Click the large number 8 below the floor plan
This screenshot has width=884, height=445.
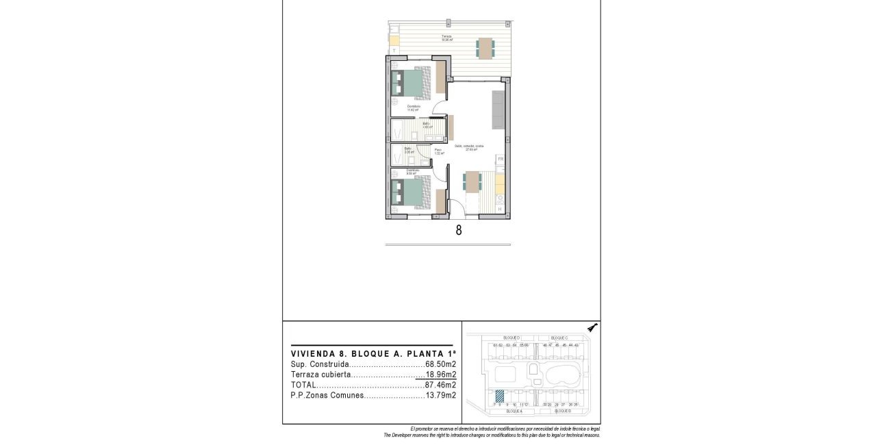(458, 231)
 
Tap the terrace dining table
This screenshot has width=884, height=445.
(485, 48)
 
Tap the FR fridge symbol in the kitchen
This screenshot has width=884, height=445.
(501, 160)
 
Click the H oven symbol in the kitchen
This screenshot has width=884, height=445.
(500, 209)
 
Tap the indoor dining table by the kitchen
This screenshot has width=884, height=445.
(472, 181)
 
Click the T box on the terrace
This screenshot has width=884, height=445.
(394, 51)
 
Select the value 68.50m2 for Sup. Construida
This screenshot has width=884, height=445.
(440, 364)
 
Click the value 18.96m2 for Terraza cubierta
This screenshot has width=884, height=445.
(440, 374)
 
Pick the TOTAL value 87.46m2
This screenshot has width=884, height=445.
(440, 385)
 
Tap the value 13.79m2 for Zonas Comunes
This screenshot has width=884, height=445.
(440, 395)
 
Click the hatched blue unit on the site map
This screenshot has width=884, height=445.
(500, 395)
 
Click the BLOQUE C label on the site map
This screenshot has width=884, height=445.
(559, 338)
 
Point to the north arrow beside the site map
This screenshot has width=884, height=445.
(594, 329)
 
